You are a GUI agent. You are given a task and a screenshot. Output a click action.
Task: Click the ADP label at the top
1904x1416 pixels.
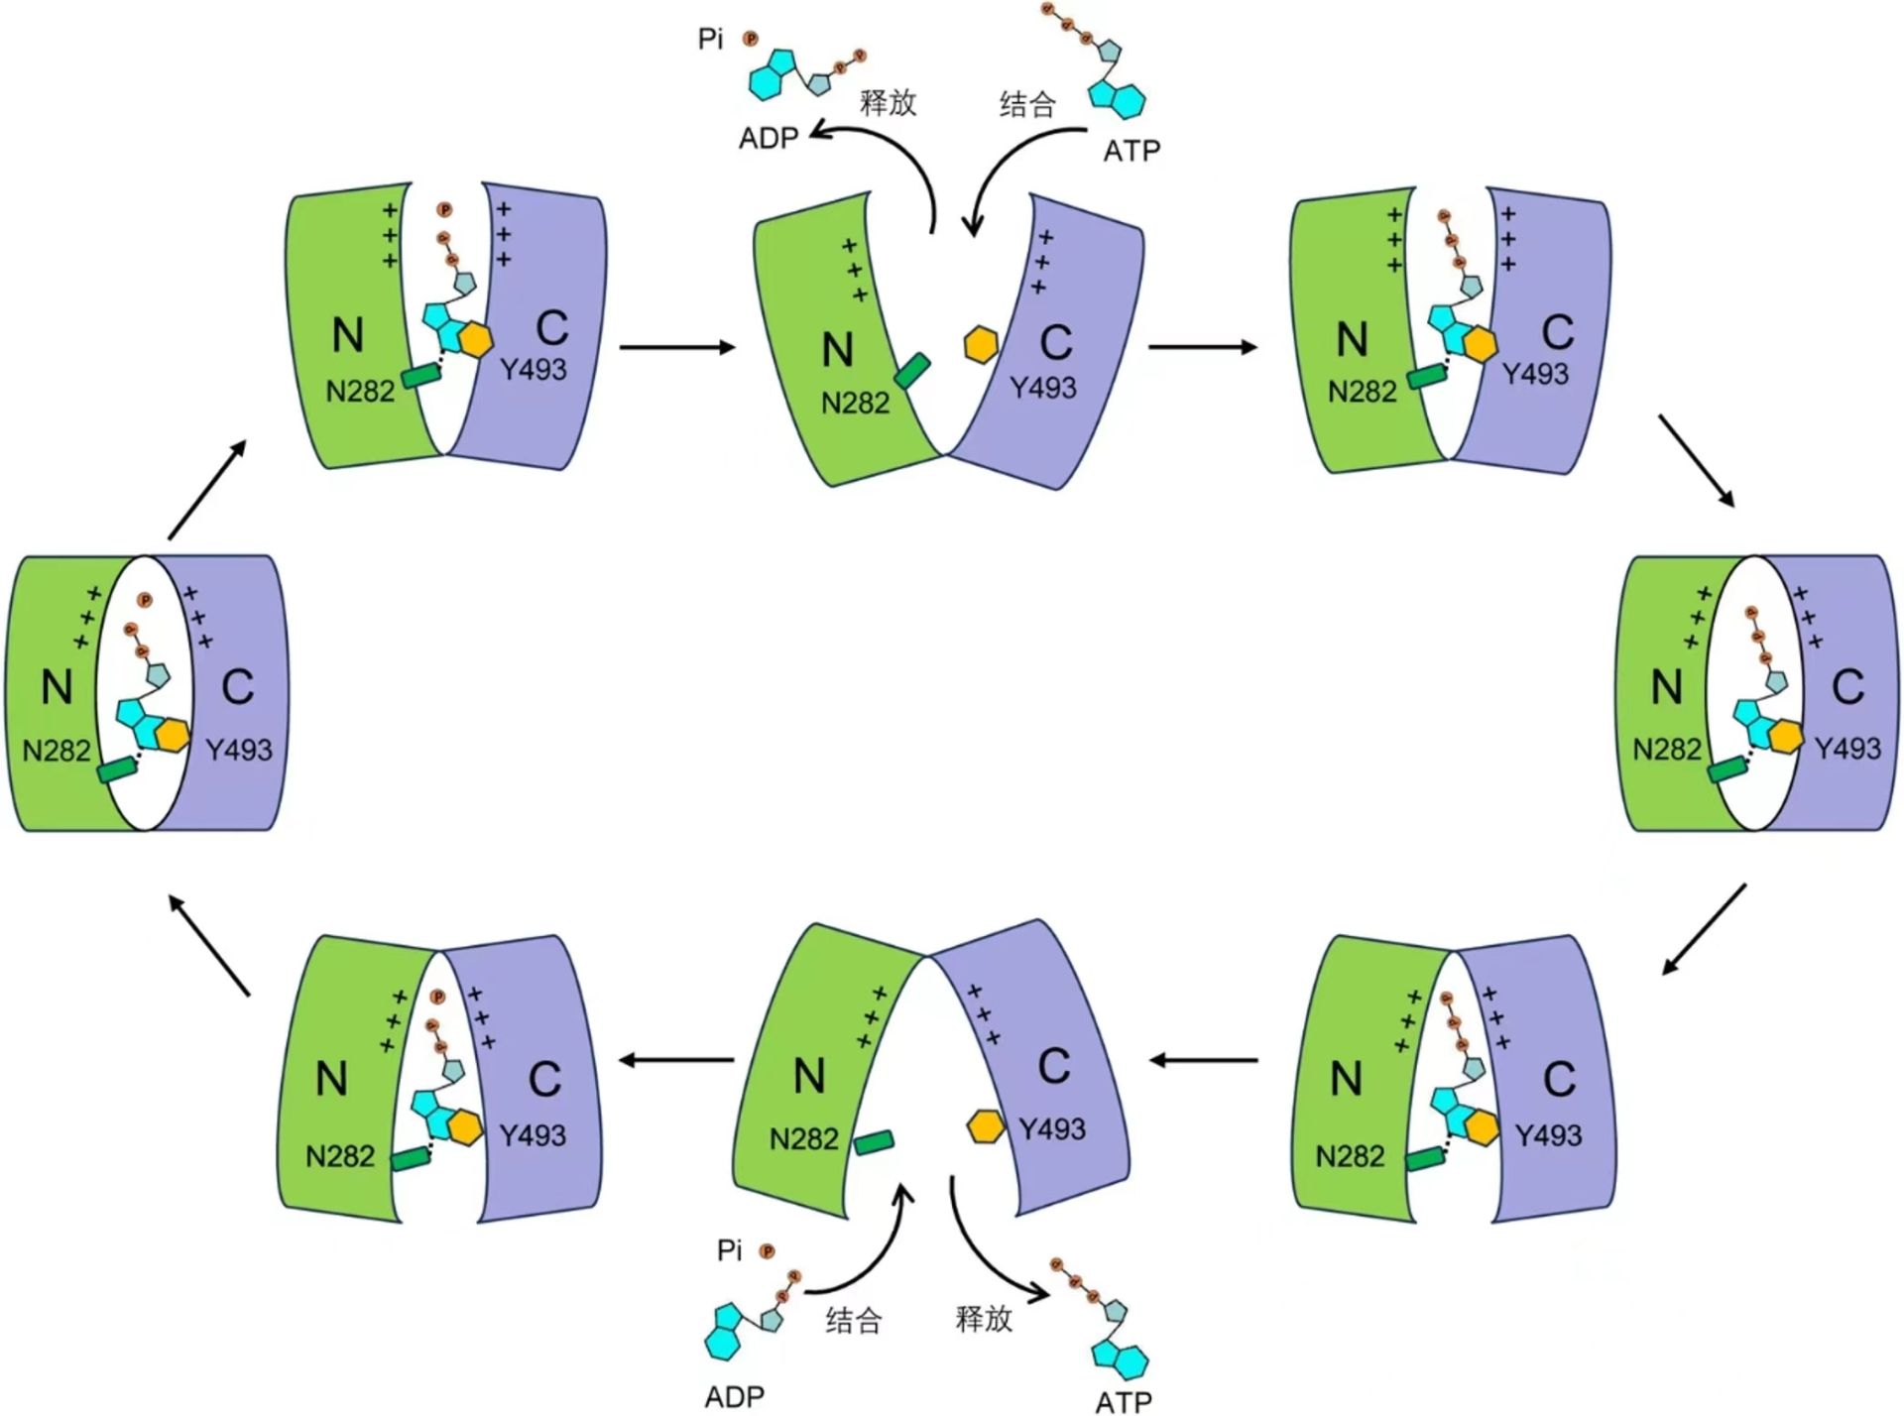pos(769,138)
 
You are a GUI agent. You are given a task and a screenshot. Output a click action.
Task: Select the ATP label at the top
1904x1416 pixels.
pos(1131,151)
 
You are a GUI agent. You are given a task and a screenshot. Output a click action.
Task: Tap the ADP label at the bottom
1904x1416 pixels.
pos(734,1396)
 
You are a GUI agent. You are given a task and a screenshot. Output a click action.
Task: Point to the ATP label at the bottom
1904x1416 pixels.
pos(1123,1400)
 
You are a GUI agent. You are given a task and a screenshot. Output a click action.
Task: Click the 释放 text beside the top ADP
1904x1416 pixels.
pos(888,102)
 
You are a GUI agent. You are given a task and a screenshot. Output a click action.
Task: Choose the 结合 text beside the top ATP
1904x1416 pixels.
pos(1026,104)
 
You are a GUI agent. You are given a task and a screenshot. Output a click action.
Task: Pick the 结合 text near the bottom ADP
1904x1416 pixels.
pos(853,1320)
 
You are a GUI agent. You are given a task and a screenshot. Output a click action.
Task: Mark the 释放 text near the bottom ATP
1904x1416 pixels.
pos(983,1318)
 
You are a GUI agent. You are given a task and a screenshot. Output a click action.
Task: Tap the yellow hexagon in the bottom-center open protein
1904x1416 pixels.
pos(986,1126)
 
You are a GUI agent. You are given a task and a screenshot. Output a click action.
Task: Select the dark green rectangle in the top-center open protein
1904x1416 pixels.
pos(911,371)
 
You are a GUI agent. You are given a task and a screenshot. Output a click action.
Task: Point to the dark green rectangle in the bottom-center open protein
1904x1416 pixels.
pos(874,1142)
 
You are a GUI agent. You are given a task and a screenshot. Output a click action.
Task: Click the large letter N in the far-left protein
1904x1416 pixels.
pos(57,686)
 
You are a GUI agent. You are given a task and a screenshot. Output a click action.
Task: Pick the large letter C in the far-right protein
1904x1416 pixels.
pos(1847,686)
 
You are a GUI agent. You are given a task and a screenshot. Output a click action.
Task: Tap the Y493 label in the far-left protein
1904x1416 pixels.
pos(238,750)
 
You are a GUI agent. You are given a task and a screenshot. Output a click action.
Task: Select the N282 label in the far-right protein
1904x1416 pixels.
pos(1666,749)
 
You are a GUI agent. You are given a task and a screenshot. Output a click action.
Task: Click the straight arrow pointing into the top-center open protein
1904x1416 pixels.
pos(677,347)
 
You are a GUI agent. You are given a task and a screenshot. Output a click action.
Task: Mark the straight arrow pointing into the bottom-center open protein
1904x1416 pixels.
pos(1203,1060)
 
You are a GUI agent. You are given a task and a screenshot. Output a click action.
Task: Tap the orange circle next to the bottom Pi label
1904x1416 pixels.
pos(767,1251)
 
